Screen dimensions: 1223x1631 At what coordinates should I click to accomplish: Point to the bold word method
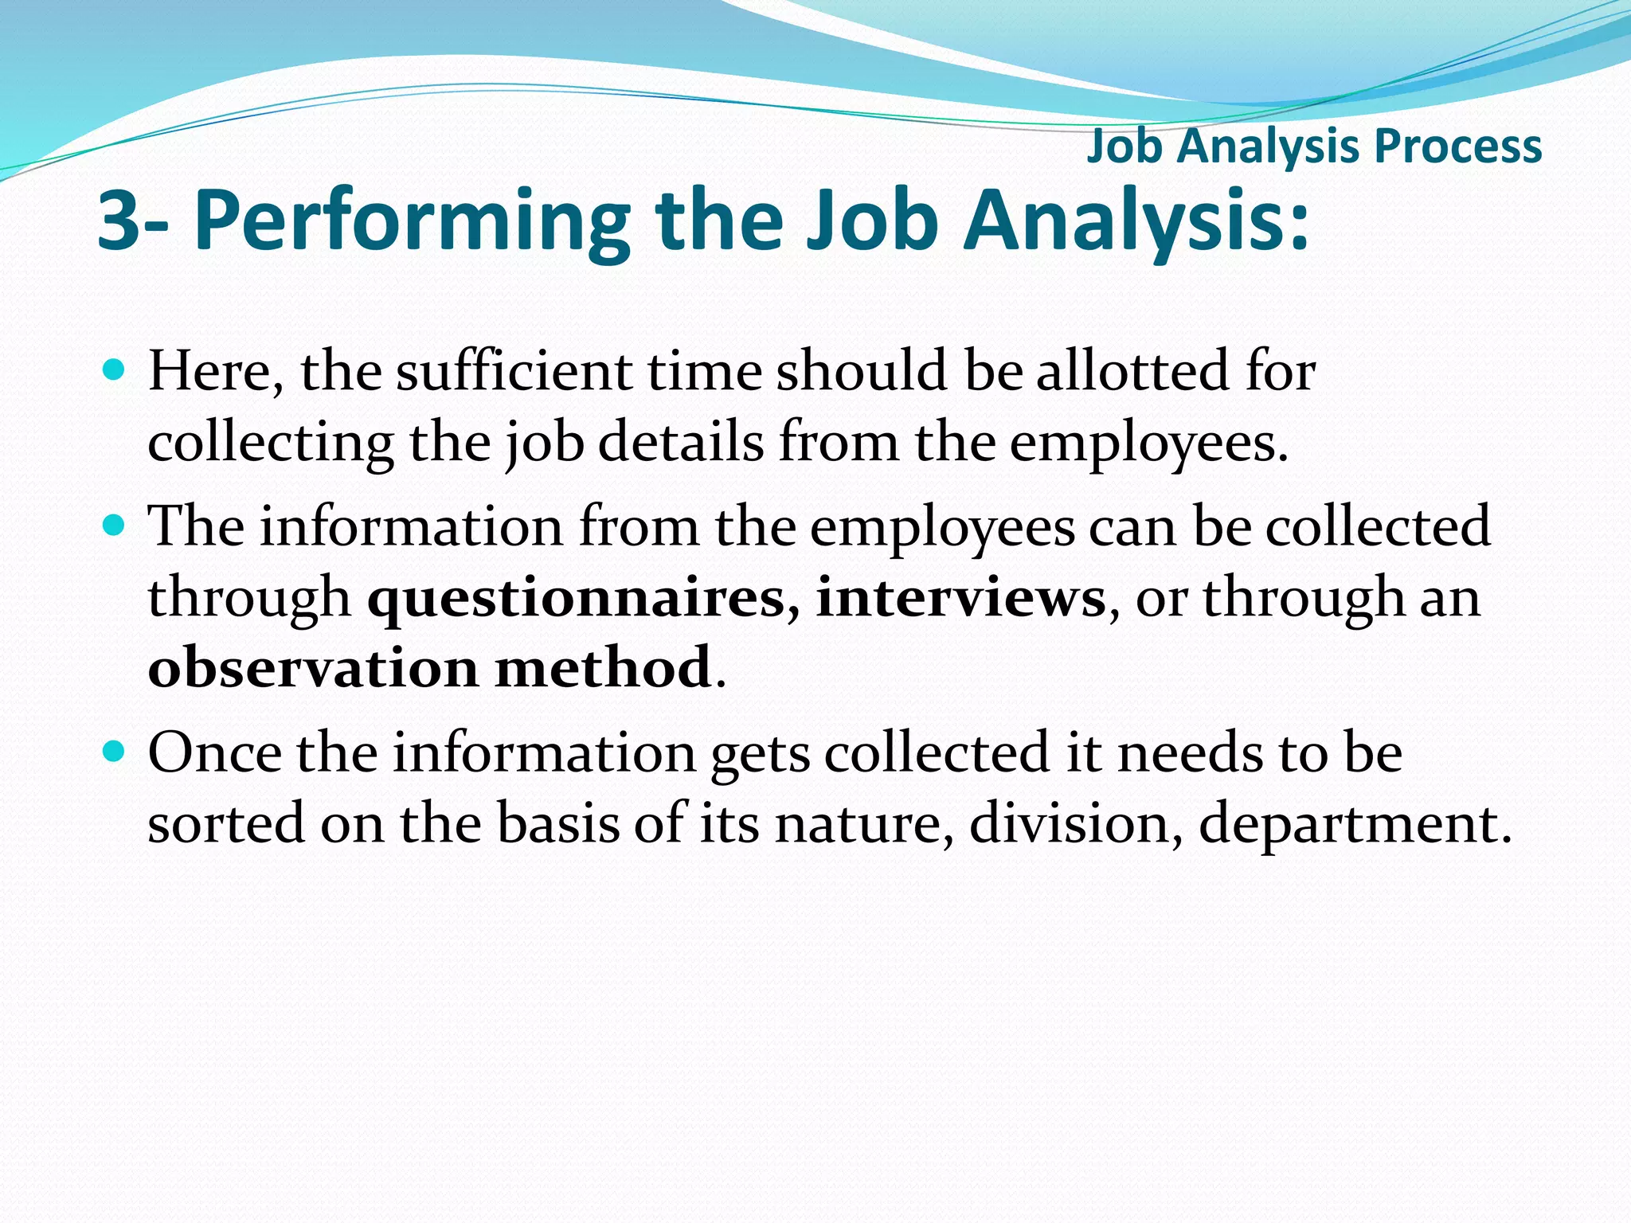(603, 667)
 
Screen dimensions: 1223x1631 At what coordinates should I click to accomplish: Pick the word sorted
(226, 822)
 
